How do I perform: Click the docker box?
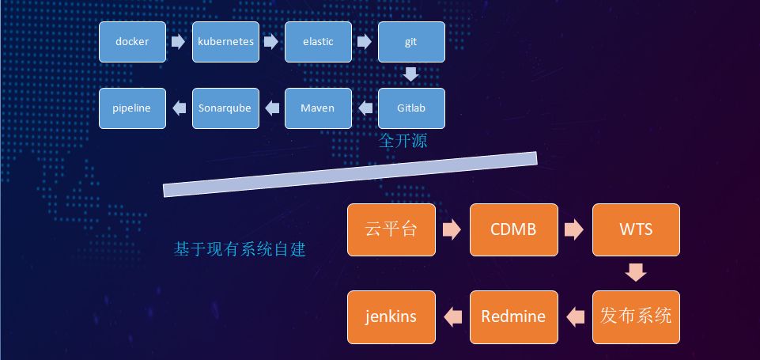(x=132, y=42)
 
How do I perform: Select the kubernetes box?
(x=225, y=42)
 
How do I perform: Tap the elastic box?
(x=318, y=42)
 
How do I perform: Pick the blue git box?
(x=411, y=42)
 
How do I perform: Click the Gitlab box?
(x=411, y=108)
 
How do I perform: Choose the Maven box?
(x=318, y=108)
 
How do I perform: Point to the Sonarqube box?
(x=225, y=108)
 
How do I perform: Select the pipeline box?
(x=132, y=108)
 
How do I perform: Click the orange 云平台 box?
(x=391, y=230)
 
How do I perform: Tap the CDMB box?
(x=514, y=230)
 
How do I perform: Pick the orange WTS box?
(x=636, y=230)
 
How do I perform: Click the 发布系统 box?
(x=636, y=316)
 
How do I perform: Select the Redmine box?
(x=514, y=316)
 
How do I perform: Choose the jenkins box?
(x=391, y=316)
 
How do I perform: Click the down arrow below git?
(x=411, y=75)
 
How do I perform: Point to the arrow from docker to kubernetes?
(x=179, y=42)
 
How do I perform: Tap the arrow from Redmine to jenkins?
(x=452, y=316)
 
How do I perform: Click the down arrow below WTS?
(x=636, y=273)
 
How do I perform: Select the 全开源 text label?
(x=403, y=142)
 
